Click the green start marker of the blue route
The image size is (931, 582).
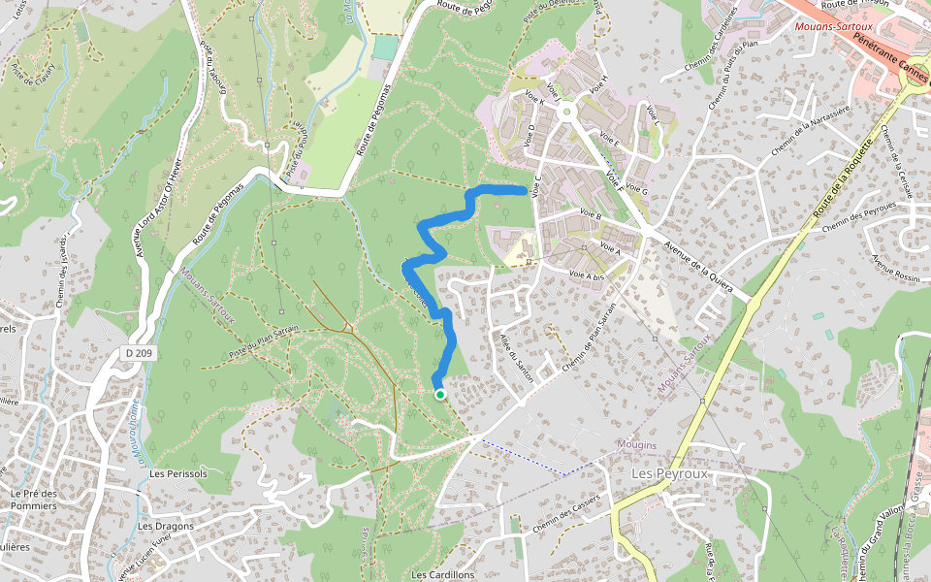point(439,395)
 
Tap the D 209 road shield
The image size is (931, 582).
point(140,353)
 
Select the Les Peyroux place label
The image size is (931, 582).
point(670,473)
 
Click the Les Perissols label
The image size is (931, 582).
point(173,473)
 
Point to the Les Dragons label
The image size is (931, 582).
point(165,526)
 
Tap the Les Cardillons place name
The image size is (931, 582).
point(443,574)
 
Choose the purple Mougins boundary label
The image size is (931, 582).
point(636,445)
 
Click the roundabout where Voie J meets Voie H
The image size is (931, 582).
point(567,113)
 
